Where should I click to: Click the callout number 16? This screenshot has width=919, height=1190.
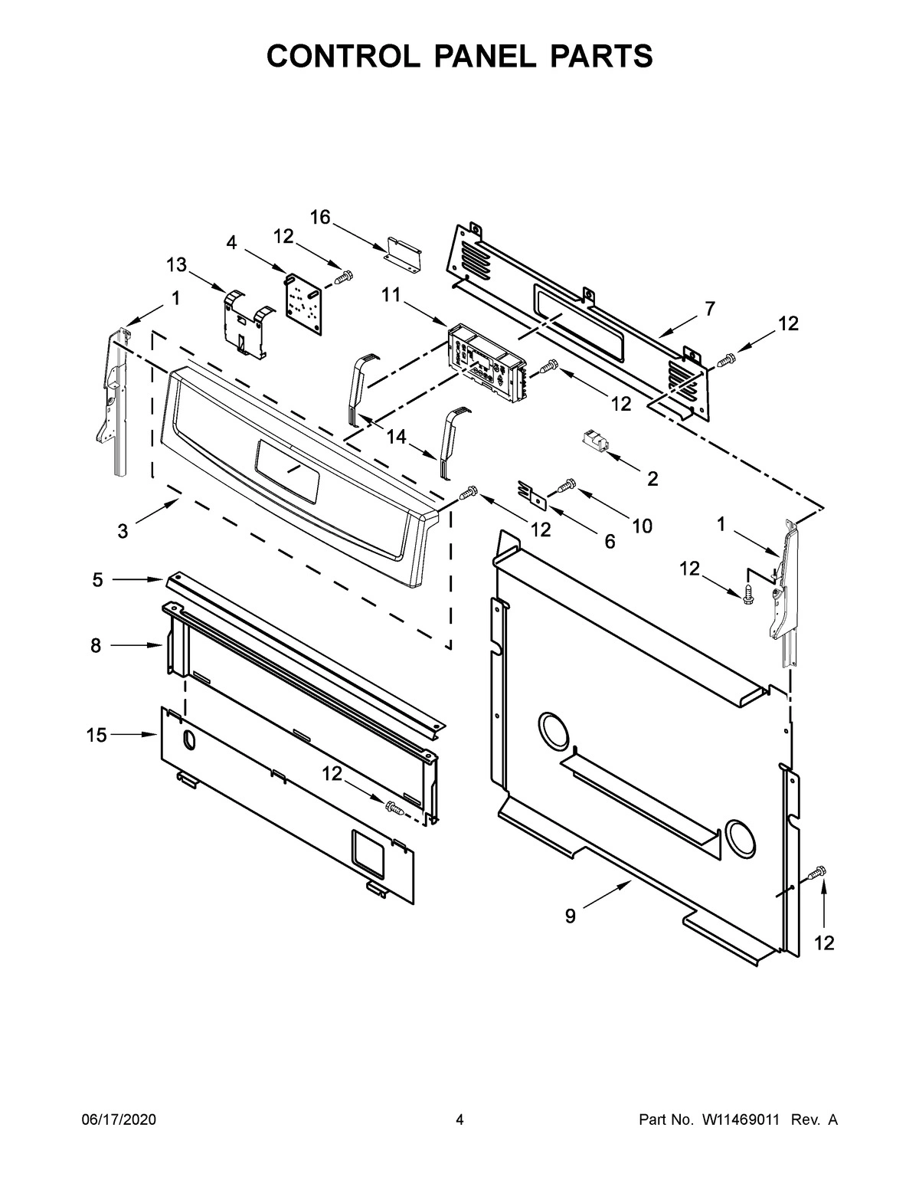pos(319,218)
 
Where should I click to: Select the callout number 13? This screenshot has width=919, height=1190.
pos(176,264)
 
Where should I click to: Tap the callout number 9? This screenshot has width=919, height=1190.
pos(570,916)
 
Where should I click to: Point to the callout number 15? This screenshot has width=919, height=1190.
pos(96,736)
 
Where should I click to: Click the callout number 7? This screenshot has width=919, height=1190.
pos(710,309)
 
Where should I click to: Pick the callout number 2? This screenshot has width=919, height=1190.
pos(652,480)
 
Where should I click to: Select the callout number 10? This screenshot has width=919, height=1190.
pos(642,526)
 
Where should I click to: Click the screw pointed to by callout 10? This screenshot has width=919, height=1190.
pos(567,484)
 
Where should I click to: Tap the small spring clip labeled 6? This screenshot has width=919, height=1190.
pos(534,493)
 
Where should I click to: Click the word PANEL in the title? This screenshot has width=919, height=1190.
pos(459,56)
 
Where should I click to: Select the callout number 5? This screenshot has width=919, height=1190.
pos(97,580)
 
